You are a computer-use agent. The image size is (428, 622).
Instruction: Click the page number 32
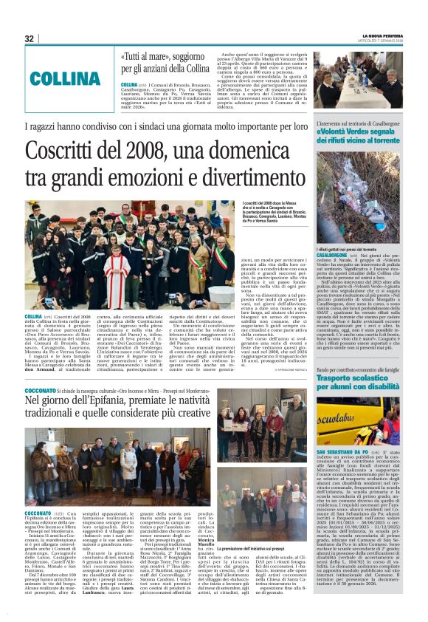point(30,39)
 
